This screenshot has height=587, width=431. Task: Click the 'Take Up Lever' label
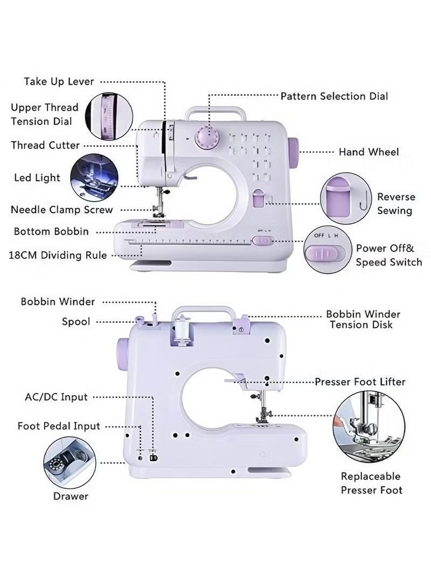pyautogui.click(x=59, y=82)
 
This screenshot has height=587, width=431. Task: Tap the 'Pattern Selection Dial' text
pyautogui.click(x=334, y=96)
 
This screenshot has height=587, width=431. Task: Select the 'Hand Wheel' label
pyautogui.click(x=369, y=152)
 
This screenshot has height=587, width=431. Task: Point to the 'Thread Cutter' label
pyautogui.click(x=45, y=145)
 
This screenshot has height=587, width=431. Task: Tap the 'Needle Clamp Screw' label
pyautogui.click(x=62, y=210)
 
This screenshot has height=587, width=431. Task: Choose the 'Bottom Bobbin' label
pyautogui.click(x=51, y=231)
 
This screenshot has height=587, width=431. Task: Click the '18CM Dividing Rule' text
pyautogui.click(x=58, y=255)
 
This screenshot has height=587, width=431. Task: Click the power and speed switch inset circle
pyautogui.click(x=325, y=251)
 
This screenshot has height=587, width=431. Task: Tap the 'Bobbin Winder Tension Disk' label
pyautogui.click(x=363, y=319)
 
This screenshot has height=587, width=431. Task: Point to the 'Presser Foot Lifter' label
pyautogui.click(x=360, y=382)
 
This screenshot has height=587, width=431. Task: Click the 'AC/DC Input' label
pyautogui.click(x=56, y=397)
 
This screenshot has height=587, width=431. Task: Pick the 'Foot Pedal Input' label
pyautogui.click(x=59, y=426)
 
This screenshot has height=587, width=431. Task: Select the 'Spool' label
pyautogui.click(x=76, y=322)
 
